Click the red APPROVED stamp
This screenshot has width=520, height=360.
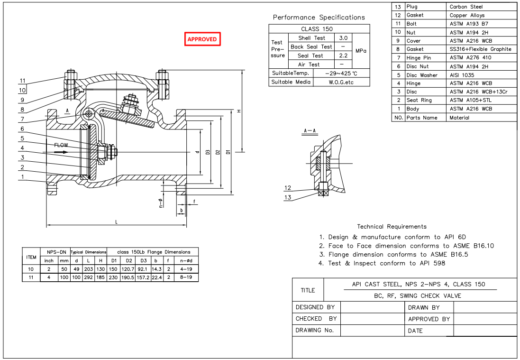[202, 39]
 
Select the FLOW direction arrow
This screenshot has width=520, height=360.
[61, 152]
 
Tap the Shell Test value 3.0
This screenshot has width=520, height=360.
[343, 38]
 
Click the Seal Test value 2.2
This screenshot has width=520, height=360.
[343, 55]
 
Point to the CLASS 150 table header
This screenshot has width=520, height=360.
[317, 29]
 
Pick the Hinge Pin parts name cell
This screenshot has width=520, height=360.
[419, 58]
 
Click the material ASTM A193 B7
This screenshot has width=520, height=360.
[468, 24]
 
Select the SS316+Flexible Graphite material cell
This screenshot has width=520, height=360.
[480, 49]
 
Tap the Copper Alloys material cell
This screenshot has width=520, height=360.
[467, 15]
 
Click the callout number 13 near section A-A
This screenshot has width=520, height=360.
[288, 197]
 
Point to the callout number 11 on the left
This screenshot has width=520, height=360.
[23, 81]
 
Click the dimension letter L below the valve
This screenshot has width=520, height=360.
[116, 222]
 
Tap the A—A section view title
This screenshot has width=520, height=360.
[310, 130]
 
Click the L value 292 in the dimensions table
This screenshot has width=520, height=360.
[89, 277]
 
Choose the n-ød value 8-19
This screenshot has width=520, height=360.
[186, 277]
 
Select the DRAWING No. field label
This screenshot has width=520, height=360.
[315, 330]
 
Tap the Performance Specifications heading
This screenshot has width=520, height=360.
[319, 18]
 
